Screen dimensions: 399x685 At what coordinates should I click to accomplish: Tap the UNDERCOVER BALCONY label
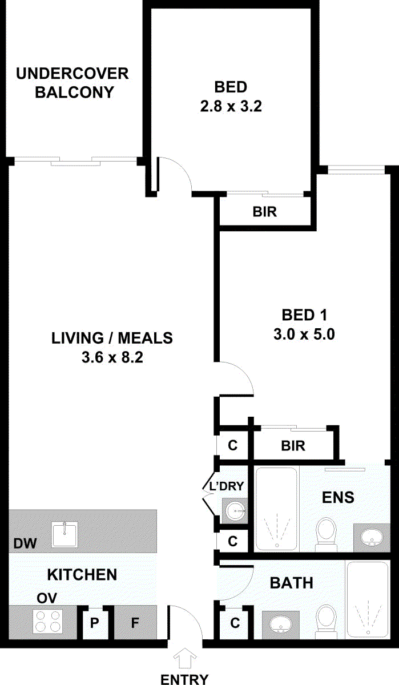pos(72,83)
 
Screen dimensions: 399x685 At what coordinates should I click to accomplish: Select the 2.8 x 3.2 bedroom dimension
pos(231,107)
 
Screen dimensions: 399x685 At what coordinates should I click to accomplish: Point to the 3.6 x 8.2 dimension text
pos(112,357)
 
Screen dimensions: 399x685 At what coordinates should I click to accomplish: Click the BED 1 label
pos(304,315)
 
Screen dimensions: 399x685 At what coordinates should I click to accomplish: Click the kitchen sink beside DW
pos(65,534)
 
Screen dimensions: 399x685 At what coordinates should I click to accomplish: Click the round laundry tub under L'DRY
pos(235,511)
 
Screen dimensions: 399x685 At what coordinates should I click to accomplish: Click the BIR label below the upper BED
pos(264,212)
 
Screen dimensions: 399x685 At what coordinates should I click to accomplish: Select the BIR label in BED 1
pos(293,446)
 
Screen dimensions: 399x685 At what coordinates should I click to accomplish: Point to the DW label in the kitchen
pos(25,543)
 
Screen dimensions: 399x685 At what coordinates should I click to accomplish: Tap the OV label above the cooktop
pos(47,598)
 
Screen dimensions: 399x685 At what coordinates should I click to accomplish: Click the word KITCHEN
pos(82,575)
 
